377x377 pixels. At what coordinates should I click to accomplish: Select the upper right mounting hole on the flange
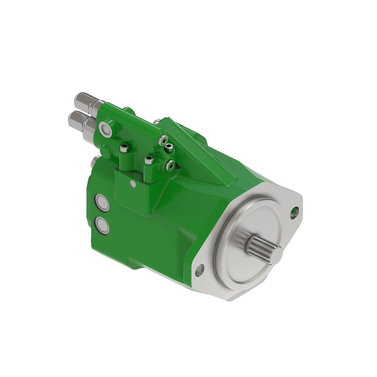295,211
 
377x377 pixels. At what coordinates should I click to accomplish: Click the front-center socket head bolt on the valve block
148,161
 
